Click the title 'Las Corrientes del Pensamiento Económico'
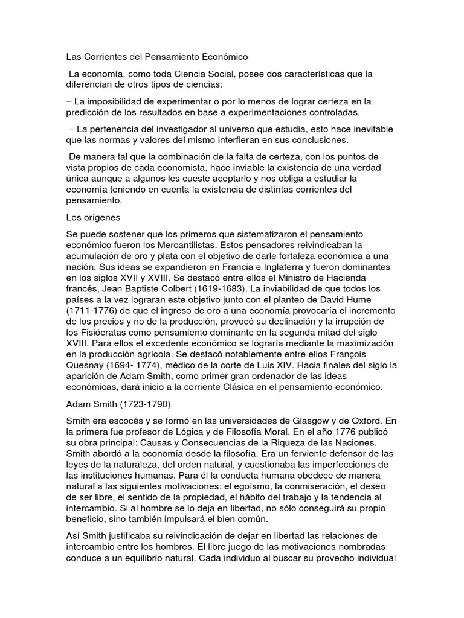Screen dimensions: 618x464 pyautogui.click(x=157, y=57)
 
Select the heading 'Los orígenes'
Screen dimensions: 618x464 pyautogui.click(x=94, y=217)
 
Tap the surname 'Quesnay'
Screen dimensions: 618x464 pyautogui.click(x=85, y=365)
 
